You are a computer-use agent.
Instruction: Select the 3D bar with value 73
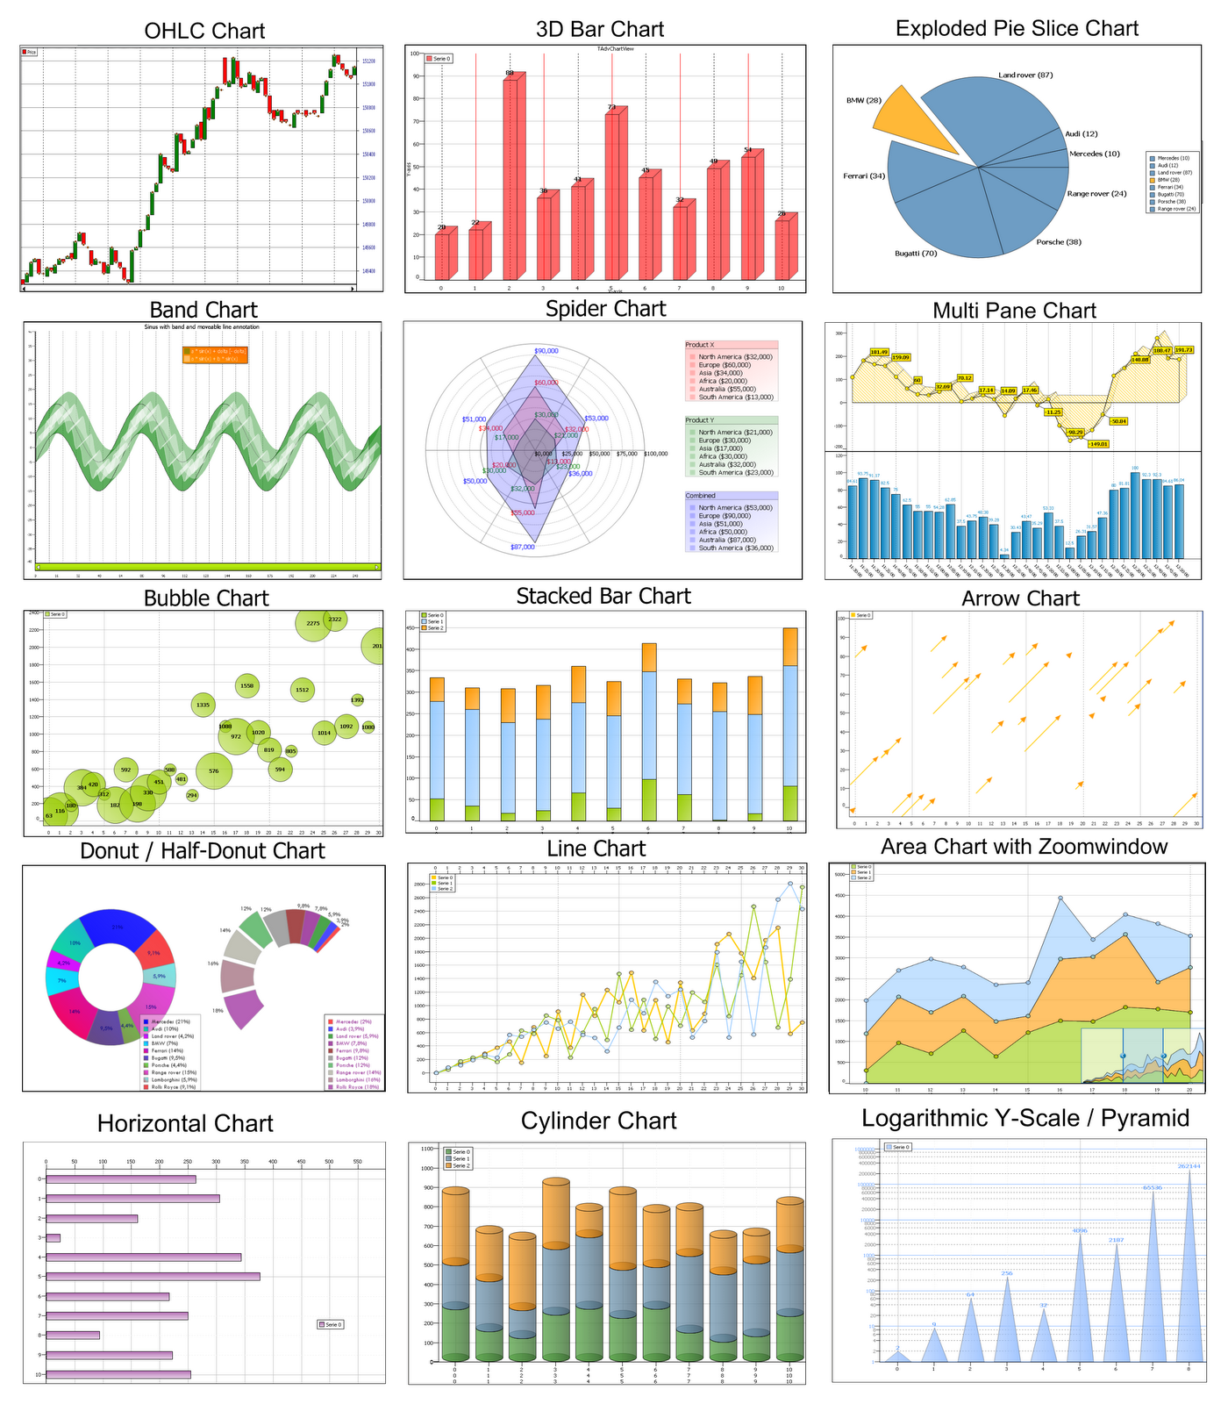(613, 193)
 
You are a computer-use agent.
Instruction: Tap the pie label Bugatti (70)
(916, 254)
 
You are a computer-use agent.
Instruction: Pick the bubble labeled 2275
(313, 623)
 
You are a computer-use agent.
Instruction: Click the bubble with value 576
(213, 771)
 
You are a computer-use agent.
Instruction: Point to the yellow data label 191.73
(1183, 350)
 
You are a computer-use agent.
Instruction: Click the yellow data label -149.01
(1097, 444)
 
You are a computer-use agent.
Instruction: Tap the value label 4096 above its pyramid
(1079, 1230)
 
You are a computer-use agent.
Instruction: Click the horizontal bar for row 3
(54, 1238)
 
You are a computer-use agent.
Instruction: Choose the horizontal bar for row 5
(153, 1276)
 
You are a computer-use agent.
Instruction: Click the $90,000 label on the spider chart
(546, 351)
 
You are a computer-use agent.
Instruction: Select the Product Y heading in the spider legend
(699, 420)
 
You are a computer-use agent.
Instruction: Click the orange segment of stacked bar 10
(790, 647)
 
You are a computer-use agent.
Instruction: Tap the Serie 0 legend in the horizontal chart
(330, 1324)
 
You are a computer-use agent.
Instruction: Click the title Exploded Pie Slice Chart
(1017, 28)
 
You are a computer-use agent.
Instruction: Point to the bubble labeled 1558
(247, 686)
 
